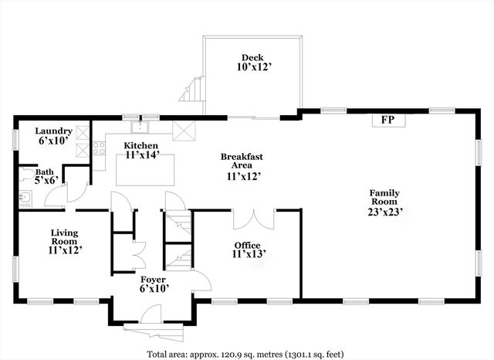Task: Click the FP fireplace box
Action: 383,120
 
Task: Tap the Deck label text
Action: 252,57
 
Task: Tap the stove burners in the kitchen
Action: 99,148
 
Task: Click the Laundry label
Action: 54,131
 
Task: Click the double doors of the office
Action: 253,219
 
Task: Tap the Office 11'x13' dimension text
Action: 247,254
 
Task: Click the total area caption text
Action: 246,353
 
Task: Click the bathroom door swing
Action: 55,195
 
